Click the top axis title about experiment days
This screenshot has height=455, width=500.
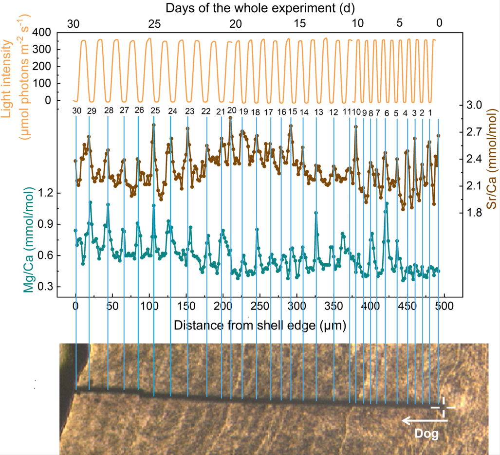pos(260,8)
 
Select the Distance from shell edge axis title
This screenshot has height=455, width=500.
pos(259,325)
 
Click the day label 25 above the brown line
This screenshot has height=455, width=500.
pos(155,110)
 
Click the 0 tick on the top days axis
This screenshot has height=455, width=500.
pos(439,23)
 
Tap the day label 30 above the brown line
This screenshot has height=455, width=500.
pos(76,110)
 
